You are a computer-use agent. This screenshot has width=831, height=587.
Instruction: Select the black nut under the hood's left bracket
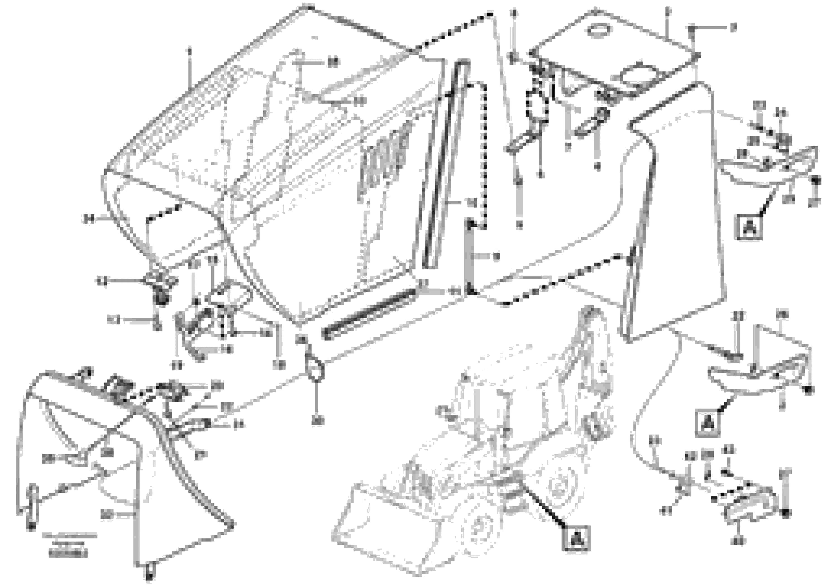point(161,299)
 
